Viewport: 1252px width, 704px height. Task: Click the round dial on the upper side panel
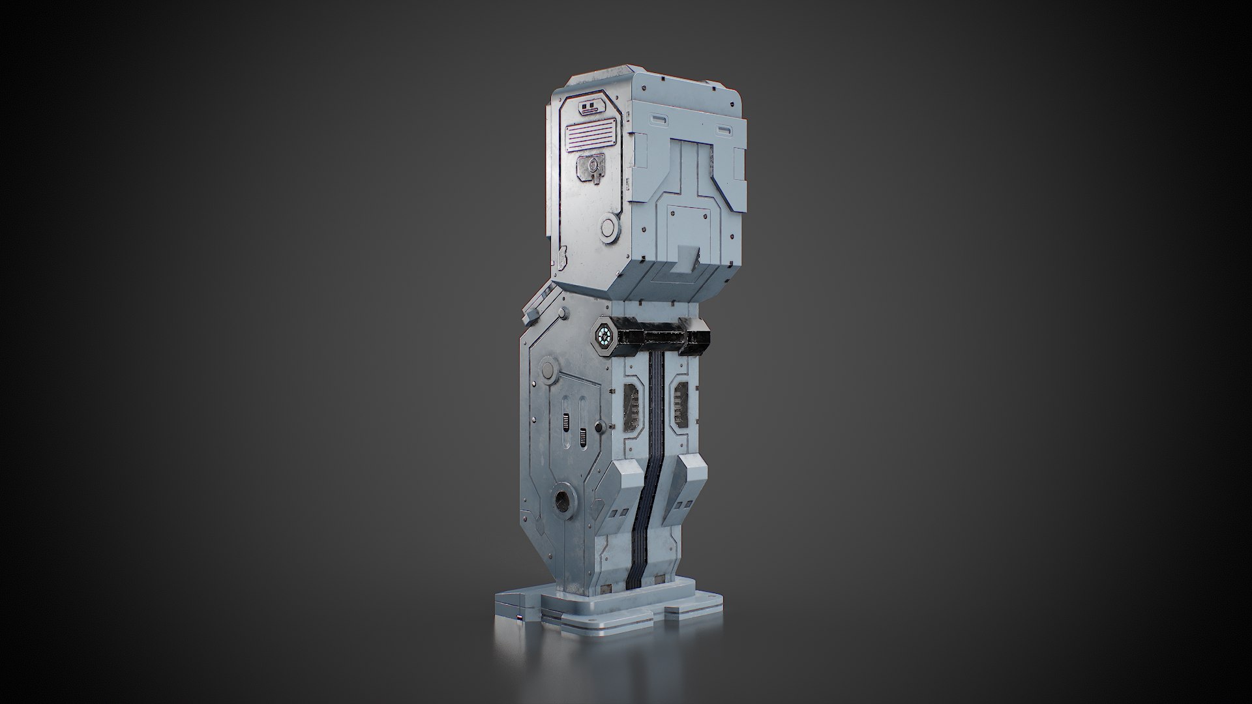click(610, 227)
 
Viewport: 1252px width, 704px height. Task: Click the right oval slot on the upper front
click(723, 131)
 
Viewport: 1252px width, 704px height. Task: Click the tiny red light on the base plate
click(519, 618)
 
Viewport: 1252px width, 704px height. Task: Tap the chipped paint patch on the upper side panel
click(561, 259)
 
